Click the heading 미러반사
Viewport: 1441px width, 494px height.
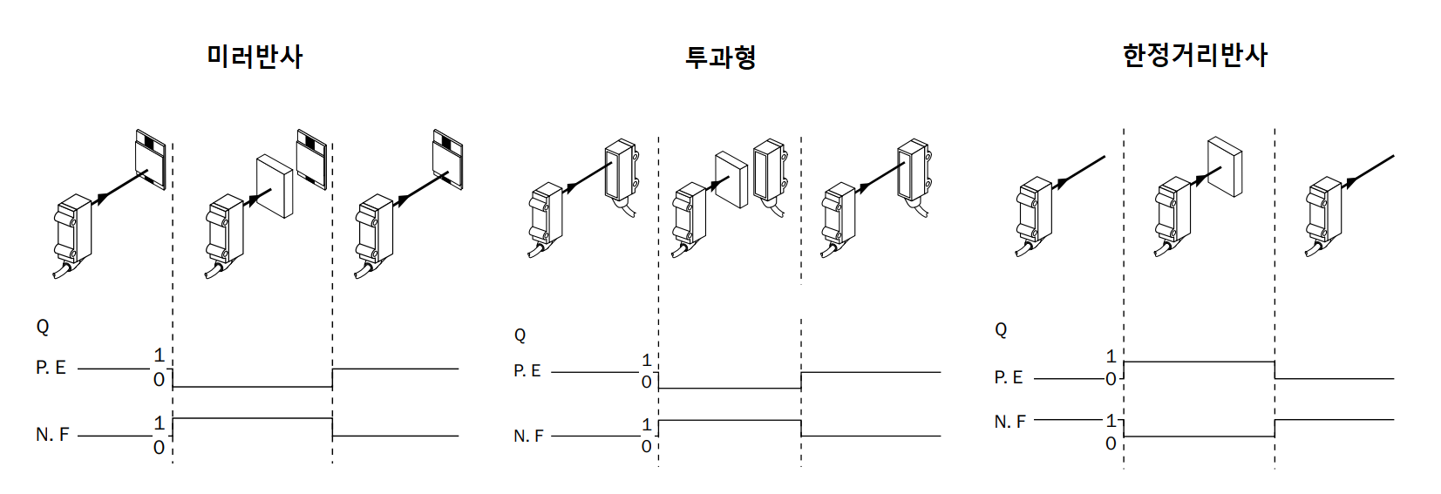[255, 57]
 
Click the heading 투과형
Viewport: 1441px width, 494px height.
[720, 58]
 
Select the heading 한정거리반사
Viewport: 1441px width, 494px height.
[1194, 56]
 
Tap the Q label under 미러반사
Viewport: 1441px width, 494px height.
[43, 327]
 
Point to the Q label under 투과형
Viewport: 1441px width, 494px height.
[520, 335]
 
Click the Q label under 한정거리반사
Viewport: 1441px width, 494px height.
[1001, 330]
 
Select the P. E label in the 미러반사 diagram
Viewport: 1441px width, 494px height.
[51, 369]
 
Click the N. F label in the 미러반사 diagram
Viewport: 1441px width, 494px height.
[52, 434]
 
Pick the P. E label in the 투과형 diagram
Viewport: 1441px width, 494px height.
[527, 371]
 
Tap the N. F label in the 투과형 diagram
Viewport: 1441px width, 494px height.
[528, 436]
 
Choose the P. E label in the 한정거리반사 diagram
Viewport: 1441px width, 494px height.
[1009, 377]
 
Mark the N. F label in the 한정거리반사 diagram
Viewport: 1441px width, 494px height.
[1009, 422]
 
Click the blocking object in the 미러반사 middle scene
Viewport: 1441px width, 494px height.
[275, 186]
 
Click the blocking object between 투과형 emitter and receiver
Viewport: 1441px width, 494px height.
[731, 180]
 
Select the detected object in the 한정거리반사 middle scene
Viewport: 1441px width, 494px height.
[1225, 167]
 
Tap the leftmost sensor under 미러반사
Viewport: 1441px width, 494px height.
[73, 232]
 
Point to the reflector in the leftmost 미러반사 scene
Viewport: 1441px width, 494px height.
[152, 159]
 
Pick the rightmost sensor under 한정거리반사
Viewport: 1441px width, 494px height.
[1323, 215]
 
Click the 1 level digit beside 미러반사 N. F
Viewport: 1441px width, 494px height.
[159, 423]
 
